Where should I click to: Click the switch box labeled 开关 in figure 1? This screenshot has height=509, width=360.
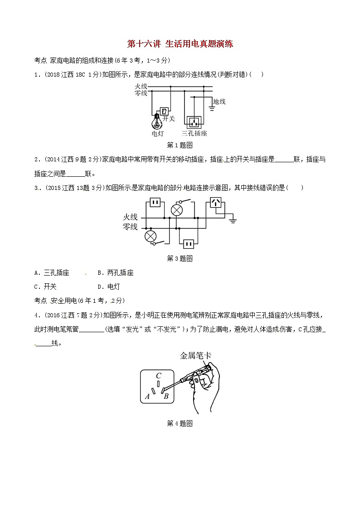point(164,111)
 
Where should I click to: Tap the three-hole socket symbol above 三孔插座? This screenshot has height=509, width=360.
point(194,122)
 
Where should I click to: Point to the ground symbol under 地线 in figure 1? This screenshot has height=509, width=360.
point(212,108)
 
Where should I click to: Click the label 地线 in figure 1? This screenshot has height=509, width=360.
point(219,101)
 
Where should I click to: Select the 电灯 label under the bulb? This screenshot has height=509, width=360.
point(158,133)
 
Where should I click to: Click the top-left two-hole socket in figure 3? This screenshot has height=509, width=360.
point(155,203)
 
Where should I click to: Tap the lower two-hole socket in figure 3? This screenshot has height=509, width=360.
point(189,243)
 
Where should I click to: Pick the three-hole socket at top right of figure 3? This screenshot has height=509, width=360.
point(216,203)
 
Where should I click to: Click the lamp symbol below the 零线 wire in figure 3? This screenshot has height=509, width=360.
point(150,236)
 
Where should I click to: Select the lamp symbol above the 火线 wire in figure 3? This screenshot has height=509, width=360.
point(177,210)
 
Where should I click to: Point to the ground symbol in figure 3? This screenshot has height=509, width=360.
point(233,220)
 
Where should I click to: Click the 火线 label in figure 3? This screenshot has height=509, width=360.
point(130,217)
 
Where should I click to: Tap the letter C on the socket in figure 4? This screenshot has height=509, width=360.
point(158,376)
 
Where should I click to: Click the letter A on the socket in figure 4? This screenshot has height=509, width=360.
point(147,396)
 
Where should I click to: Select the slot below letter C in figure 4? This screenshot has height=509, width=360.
point(158,384)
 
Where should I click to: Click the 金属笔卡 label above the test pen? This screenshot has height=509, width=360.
point(196,355)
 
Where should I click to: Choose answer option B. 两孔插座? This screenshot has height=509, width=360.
point(116,273)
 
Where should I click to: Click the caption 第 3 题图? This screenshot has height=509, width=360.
point(180,258)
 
